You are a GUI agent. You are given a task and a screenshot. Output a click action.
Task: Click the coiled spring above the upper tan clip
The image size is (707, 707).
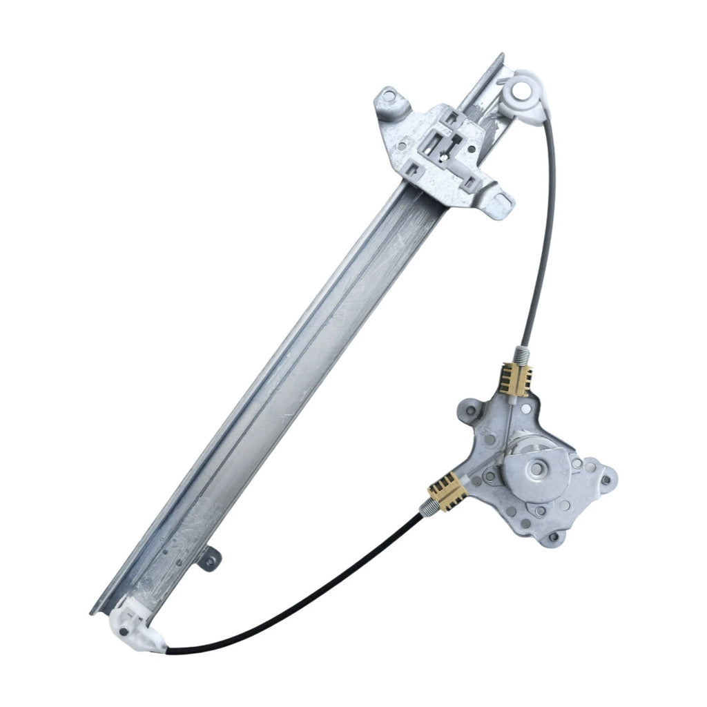(x=524, y=356)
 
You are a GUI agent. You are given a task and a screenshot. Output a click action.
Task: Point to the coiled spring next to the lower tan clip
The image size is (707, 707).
(x=427, y=509)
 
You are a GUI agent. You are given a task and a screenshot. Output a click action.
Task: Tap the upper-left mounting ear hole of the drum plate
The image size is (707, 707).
(x=471, y=411)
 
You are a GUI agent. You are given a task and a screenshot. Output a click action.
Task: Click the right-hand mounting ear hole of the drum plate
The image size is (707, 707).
(x=607, y=480)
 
